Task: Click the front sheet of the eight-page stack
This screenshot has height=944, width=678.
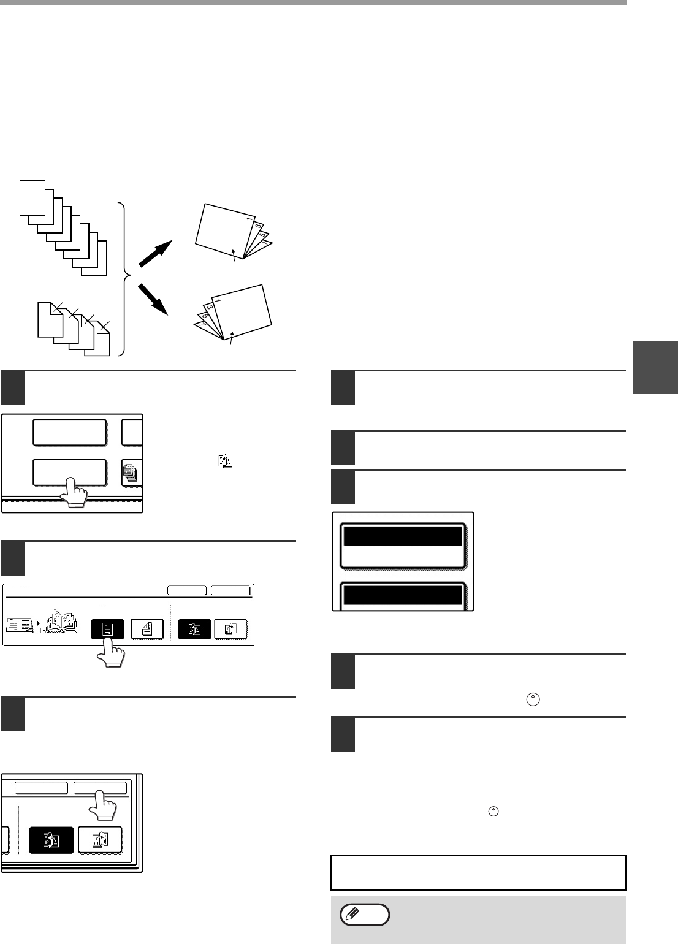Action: click(x=32, y=197)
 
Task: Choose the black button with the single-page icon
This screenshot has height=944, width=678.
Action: click(x=107, y=630)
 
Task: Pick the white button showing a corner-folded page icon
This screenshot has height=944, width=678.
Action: click(x=147, y=630)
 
